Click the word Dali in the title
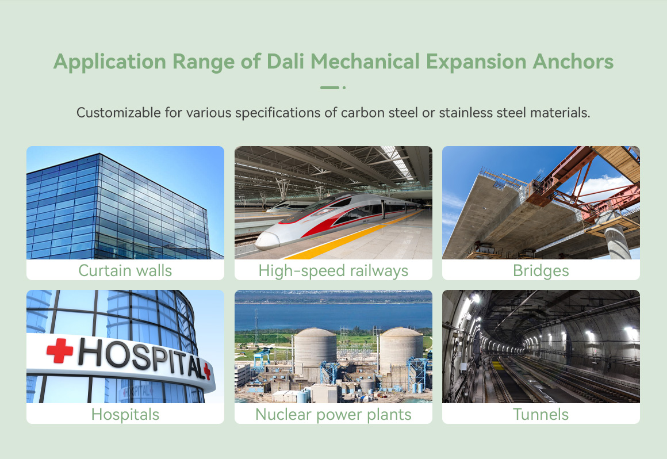click(x=285, y=62)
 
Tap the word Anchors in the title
click(x=573, y=62)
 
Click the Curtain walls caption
click(x=125, y=270)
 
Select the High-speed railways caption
click(x=333, y=271)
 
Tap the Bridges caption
click(x=540, y=271)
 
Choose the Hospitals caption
click(x=125, y=414)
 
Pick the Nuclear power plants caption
click(x=333, y=414)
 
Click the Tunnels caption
click(x=540, y=414)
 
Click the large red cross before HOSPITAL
click(x=60, y=350)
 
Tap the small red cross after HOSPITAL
click(x=207, y=371)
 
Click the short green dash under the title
click(x=329, y=87)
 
